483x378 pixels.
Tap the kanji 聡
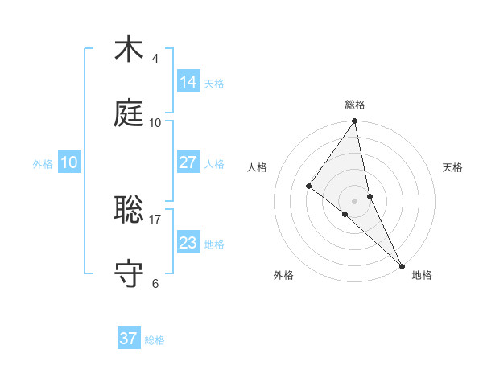pyautogui.click(x=129, y=210)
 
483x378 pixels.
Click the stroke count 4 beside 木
pyautogui.click(x=155, y=58)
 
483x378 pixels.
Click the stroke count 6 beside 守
pyautogui.click(x=155, y=283)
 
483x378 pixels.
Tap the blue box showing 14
pyautogui.click(x=188, y=82)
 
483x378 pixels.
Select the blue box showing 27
pyautogui.click(x=188, y=162)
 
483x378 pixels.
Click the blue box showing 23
pyautogui.click(x=188, y=243)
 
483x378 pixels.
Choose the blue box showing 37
pyautogui.click(x=129, y=339)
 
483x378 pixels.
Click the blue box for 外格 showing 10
pyautogui.click(x=69, y=162)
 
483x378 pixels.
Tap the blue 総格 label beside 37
pyautogui.click(x=155, y=340)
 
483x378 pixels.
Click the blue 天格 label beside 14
pyautogui.click(x=214, y=84)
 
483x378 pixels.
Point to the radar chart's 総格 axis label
pyautogui.click(x=355, y=105)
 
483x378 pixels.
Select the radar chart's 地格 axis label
pyautogui.click(x=422, y=275)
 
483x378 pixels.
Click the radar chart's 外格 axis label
pyautogui.click(x=283, y=275)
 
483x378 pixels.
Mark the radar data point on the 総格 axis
pyautogui.click(x=355, y=122)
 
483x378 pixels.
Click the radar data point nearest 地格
pyautogui.click(x=402, y=265)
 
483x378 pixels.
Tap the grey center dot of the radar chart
pyautogui.click(x=355, y=200)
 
